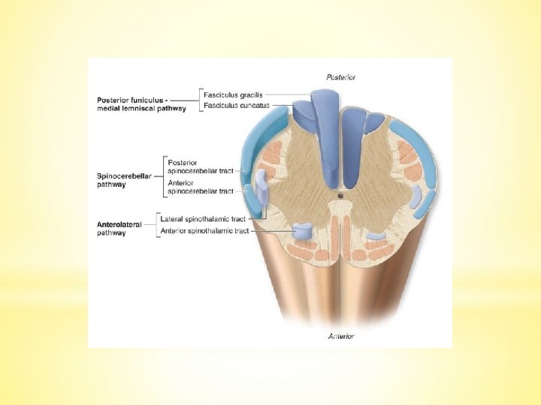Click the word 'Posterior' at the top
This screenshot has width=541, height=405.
point(341,76)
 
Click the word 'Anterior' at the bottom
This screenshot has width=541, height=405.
point(340,336)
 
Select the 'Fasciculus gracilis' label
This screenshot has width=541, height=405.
point(233,94)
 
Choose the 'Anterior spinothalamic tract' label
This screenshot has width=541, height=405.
point(205,230)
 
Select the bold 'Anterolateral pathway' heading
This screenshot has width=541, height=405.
point(119,228)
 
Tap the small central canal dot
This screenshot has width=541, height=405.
point(340,197)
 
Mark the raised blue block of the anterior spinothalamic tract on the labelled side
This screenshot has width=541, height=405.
point(301,232)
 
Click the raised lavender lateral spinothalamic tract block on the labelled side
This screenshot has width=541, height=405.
point(261,187)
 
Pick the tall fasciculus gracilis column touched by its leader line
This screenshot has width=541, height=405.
point(326,127)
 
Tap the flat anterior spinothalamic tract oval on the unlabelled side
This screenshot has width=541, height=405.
point(377,235)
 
